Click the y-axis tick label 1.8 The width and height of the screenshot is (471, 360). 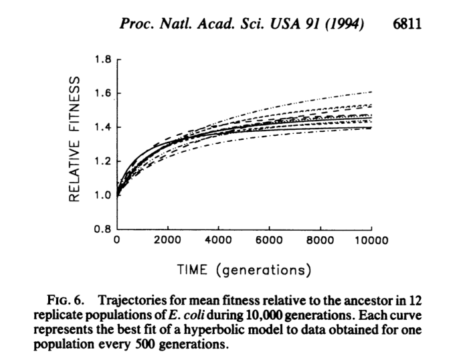[102, 60]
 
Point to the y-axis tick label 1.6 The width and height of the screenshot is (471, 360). [102, 94]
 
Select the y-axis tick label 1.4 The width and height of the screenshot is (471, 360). [102, 128]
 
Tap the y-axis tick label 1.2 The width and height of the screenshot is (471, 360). [102, 161]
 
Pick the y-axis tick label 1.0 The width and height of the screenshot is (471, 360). [102, 195]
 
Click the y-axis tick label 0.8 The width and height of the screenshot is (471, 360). [102, 230]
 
